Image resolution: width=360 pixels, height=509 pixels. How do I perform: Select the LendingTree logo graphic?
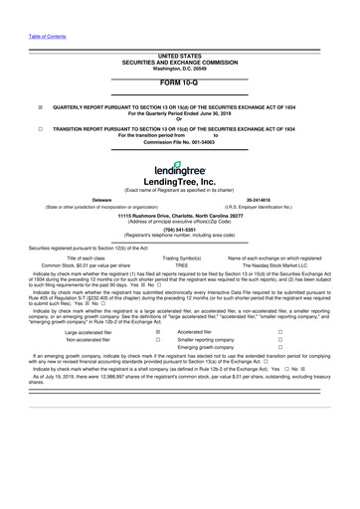tap(179, 169)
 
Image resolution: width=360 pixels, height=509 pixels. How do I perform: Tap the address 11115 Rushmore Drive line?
tap(179, 226)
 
